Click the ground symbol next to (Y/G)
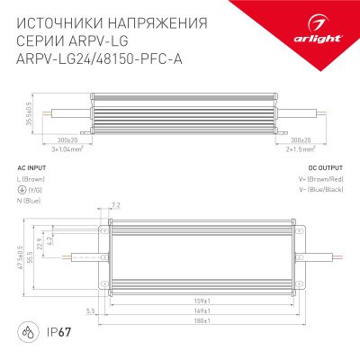point(22,191)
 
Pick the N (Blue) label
point(32,202)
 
